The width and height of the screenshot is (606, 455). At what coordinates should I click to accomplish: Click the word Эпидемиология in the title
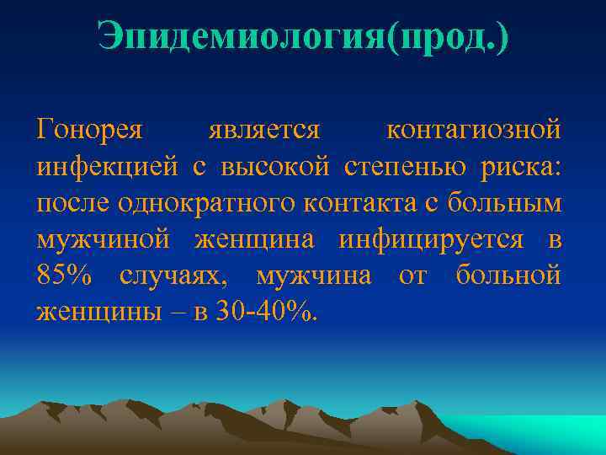(x=240, y=37)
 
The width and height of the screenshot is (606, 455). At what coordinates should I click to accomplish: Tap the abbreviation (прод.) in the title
(x=446, y=37)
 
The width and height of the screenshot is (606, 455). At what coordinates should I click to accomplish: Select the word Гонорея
(x=91, y=131)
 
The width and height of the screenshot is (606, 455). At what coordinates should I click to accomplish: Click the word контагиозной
(x=473, y=131)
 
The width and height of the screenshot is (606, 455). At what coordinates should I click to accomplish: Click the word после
(x=74, y=203)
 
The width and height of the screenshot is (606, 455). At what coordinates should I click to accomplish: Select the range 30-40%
(x=264, y=312)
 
